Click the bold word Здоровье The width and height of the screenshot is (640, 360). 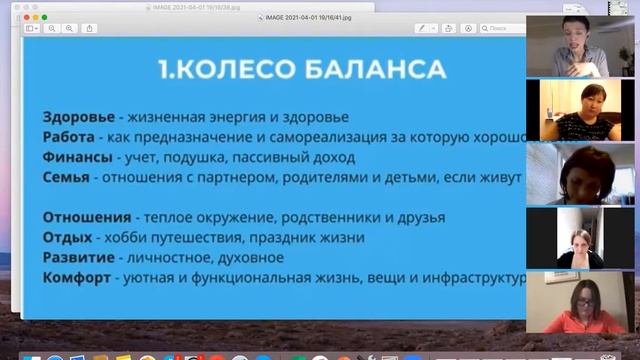coord(77,116)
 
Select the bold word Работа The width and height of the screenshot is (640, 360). coord(69,137)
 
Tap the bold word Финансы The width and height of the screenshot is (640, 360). coord(76,157)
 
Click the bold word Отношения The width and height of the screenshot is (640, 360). coord(86,217)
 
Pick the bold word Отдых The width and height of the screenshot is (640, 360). coord(66,237)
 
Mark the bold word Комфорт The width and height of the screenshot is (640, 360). coord(76,277)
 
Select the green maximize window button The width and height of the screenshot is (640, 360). coord(43,17)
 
